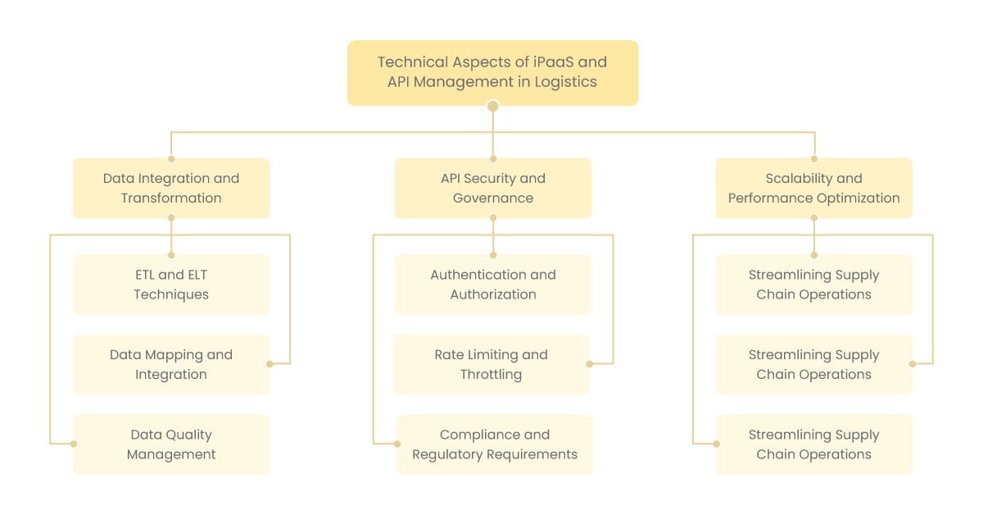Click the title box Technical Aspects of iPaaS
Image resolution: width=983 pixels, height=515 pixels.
tap(492, 73)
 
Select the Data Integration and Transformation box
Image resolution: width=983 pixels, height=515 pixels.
tap(171, 188)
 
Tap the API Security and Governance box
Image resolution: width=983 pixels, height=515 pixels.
tap(493, 188)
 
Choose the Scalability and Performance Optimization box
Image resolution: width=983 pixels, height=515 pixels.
tap(814, 188)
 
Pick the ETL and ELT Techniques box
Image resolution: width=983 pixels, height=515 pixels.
tap(171, 285)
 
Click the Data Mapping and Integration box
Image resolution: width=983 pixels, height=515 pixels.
tap(171, 364)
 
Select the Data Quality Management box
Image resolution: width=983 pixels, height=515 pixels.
tap(171, 444)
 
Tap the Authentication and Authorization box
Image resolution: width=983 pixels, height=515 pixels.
tap(493, 285)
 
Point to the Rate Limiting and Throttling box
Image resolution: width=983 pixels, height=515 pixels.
tap(491, 364)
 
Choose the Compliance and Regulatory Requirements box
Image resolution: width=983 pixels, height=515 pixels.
tap(495, 444)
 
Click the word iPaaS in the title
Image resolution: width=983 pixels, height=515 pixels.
tap(554, 62)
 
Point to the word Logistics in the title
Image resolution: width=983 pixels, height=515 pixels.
tap(566, 82)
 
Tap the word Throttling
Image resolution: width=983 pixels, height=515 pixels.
tap(491, 375)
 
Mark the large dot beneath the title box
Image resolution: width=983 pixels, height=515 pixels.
tap(493, 107)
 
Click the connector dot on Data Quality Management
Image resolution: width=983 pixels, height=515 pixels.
tap(74, 444)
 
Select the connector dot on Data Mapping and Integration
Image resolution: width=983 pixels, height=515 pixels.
tap(270, 364)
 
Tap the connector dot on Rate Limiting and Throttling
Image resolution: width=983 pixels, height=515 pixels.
tap(590, 364)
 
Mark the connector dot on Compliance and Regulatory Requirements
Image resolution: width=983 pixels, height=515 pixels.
tap(397, 444)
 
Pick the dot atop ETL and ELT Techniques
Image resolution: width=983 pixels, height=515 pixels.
tap(171, 255)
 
